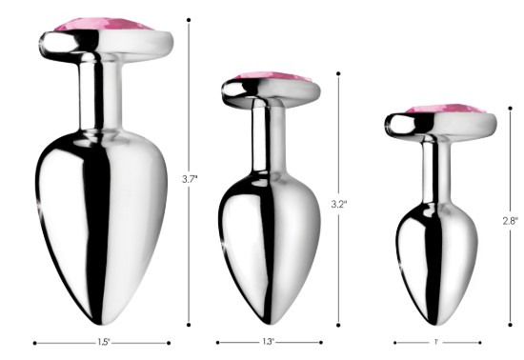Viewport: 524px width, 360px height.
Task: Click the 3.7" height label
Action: point(190,178)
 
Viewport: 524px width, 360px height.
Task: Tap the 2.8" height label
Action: point(510,220)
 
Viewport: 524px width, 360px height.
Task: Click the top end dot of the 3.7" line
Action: point(190,19)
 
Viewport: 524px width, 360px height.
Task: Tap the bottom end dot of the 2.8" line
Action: point(510,325)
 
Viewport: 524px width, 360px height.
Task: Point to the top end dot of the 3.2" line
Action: point(338,72)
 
